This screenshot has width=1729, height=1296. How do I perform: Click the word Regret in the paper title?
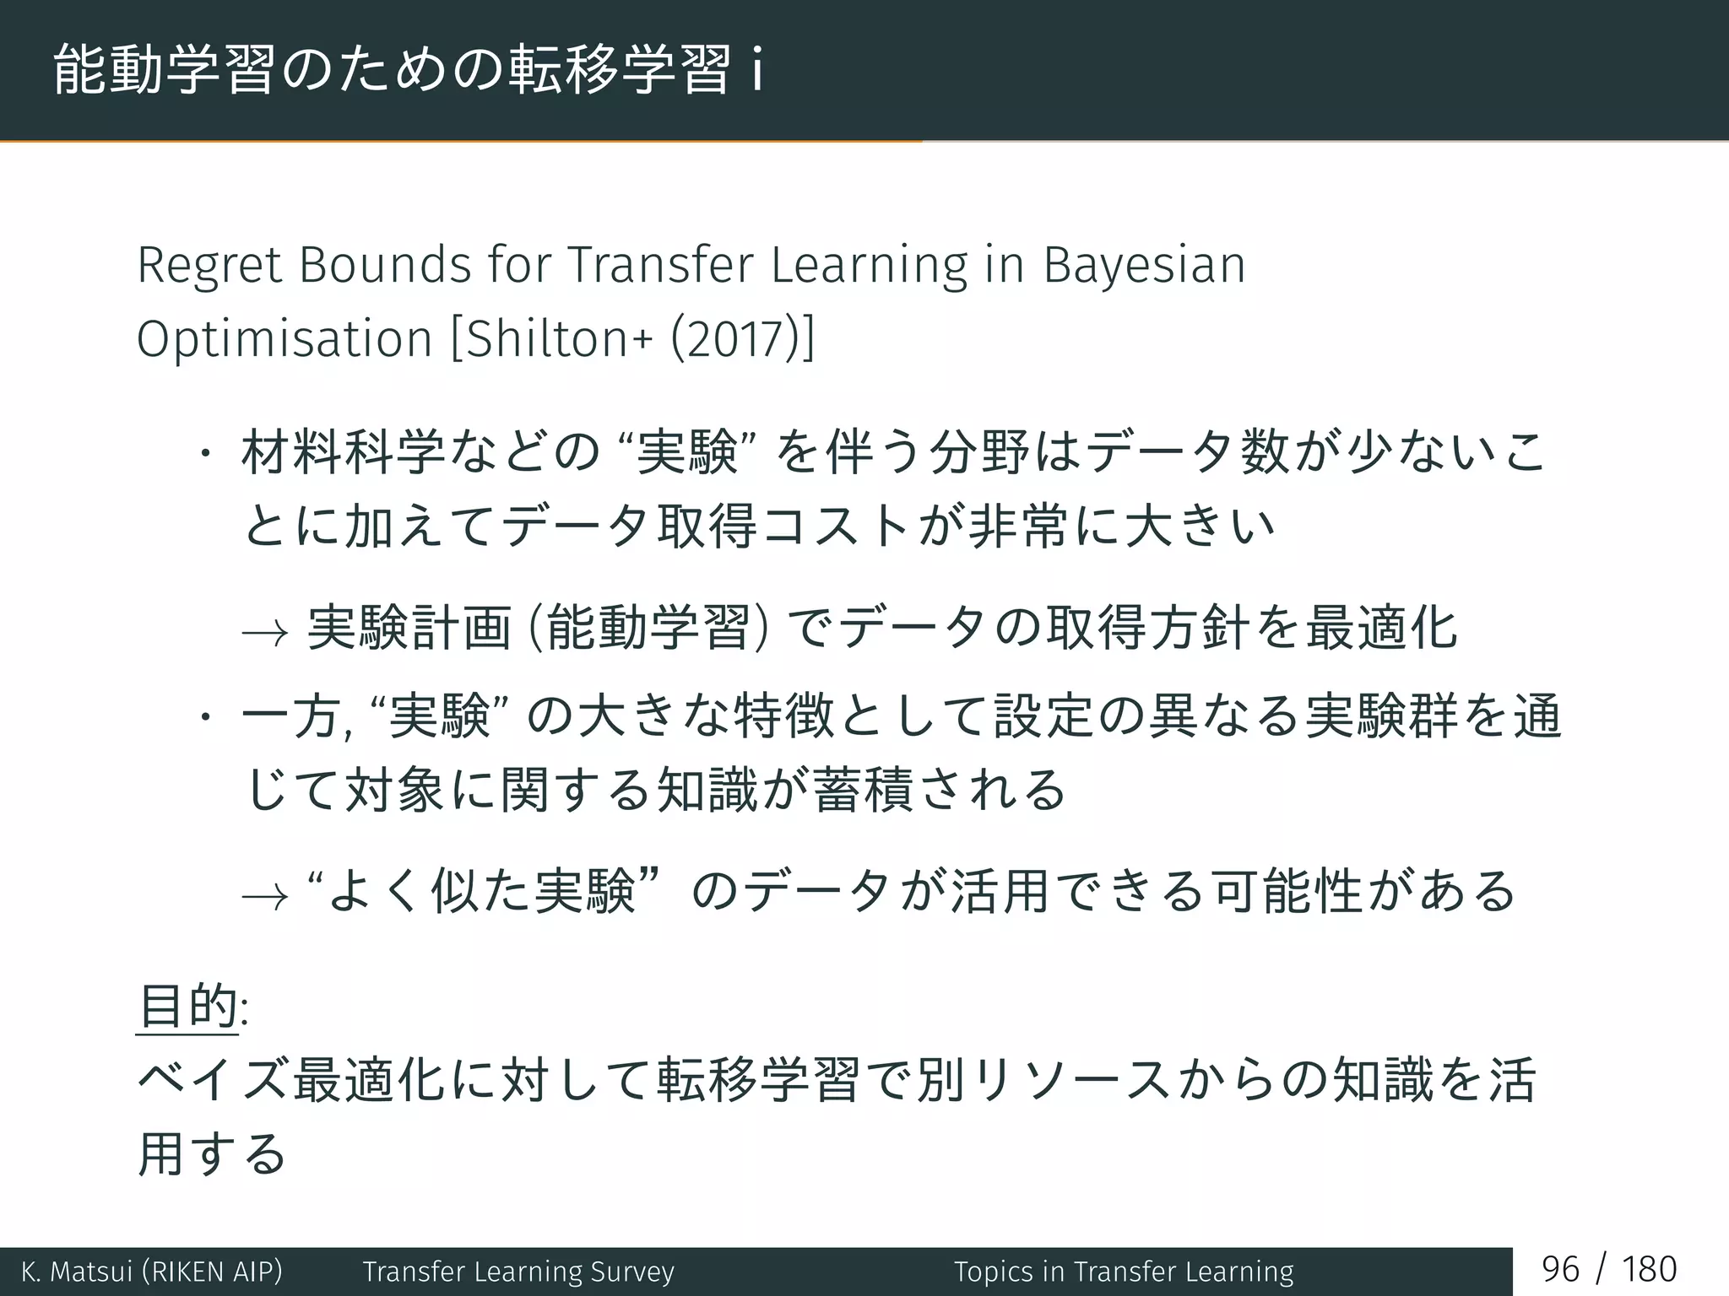pyautogui.click(x=209, y=266)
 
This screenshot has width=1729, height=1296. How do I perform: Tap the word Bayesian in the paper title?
pyautogui.click(x=1144, y=266)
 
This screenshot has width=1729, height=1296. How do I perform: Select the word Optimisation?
pyautogui.click(x=285, y=339)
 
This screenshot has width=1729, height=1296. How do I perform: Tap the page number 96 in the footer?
pyautogui.click(x=1560, y=1270)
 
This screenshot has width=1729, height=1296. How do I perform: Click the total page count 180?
pyautogui.click(x=1649, y=1270)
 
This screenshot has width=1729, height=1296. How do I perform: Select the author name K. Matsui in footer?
pyautogui.click(x=76, y=1272)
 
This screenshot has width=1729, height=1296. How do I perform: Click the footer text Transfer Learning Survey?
pyautogui.click(x=518, y=1272)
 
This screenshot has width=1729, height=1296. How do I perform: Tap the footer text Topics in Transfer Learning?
pyautogui.click(x=1124, y=1272)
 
